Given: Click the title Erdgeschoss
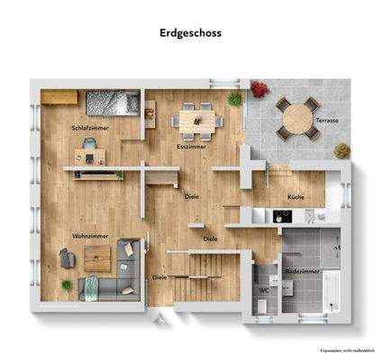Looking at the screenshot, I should (190, 32).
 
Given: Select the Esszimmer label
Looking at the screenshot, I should (192, 145).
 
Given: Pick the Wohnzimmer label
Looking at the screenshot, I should (90, 236).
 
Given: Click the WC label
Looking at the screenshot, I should (264, 290).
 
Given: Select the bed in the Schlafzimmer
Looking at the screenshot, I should (112, 104).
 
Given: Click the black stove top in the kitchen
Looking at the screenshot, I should (283, 216).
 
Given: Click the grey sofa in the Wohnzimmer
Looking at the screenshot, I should (104, 287).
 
